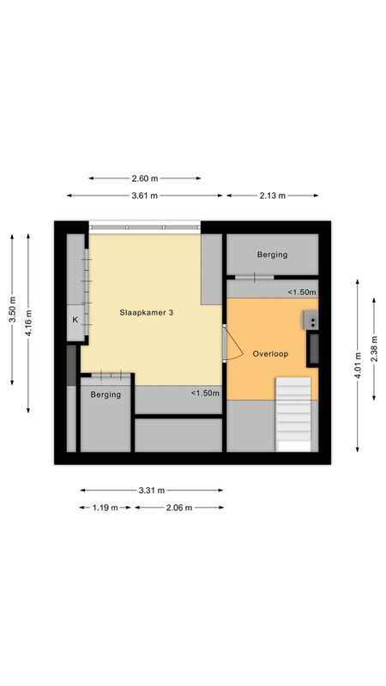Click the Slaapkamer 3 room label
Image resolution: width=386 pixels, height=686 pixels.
click(x=147, y=314)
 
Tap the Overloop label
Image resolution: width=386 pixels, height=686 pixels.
click(x=270, y=353)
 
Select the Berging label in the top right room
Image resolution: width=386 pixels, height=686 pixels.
click(x=272, y=255)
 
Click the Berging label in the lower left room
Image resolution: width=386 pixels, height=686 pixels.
click(x=106, y=394)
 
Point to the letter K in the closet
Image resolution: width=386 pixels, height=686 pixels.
click(x=75, y=320)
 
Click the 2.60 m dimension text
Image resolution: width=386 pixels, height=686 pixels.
click(x=145, y=178)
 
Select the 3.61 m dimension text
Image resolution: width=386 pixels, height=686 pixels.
click(x=145, y=196)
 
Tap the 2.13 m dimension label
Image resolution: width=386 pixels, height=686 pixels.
click(x=271, y=196)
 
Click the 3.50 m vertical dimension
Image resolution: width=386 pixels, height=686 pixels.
click(x=12, y=310)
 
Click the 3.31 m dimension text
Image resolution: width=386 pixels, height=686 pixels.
click(x=151, y=490)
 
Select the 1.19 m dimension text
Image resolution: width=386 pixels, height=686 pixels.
click(x=105, y=507)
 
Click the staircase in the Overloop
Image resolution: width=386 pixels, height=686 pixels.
click(x=293, y=413)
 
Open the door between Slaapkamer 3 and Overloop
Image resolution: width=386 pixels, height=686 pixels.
click(x=229, y=346)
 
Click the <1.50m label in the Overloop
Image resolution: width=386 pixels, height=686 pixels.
click(x=301, y=292)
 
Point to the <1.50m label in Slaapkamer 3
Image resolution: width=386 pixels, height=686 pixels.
click(x=205, y=394)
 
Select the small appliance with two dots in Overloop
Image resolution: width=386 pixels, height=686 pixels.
click(x=311, y=322)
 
